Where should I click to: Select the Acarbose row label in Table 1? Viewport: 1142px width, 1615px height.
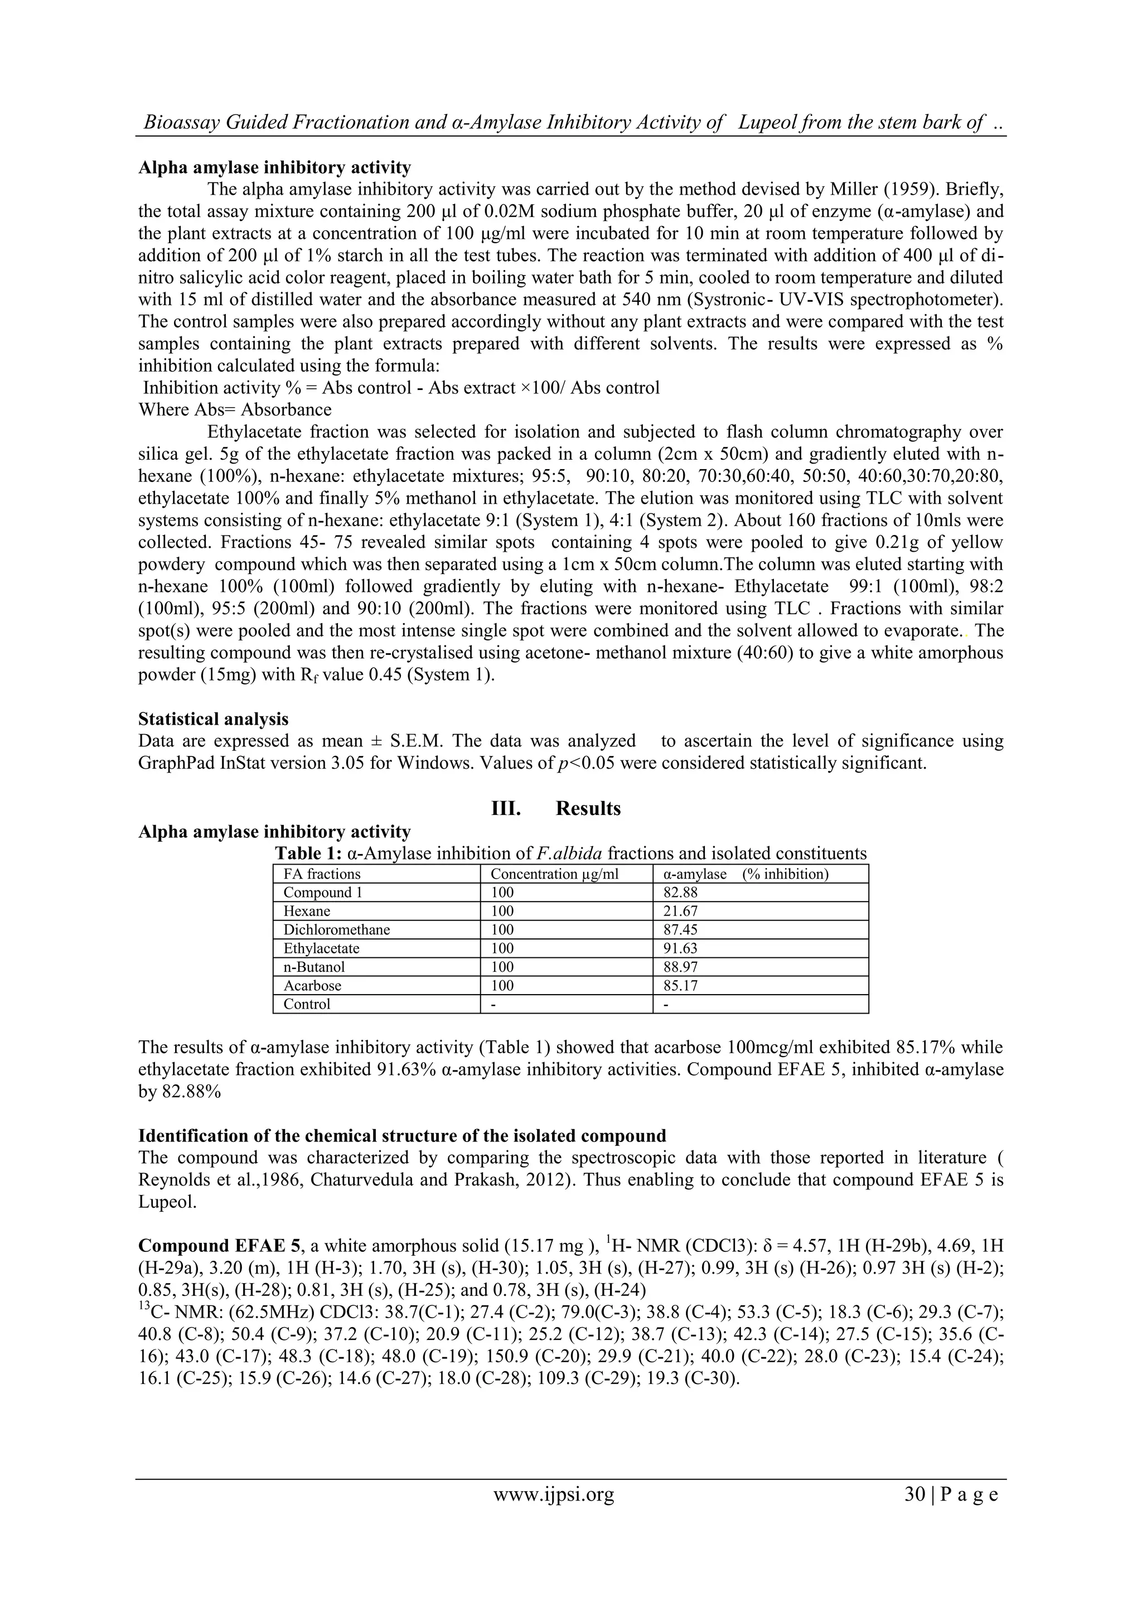pyautogui.click(x=312, y=986)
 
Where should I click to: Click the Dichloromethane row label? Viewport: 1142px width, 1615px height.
pyautogui.click(x=336, y=930)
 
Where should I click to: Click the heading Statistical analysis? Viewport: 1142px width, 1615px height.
pyautogui.click(x=213, y=719)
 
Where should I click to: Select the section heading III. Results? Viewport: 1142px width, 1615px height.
pyautogui.click(x=555, y=808)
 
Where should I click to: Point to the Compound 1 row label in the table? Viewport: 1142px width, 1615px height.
pyautogui.click(x=323, y=893)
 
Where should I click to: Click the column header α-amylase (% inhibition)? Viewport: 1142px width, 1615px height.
pyautogui.click(x=746, y=874)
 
